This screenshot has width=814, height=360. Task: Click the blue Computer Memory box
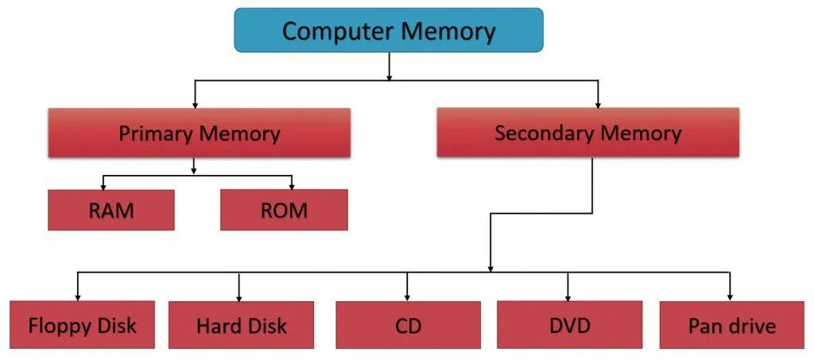point(389,30)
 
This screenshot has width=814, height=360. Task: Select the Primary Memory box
point(199,133)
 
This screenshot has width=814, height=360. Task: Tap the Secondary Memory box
point(587,133)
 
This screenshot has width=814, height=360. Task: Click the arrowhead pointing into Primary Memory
point(194,104)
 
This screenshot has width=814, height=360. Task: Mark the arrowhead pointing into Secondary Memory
point(598,104)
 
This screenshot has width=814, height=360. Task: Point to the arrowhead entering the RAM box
point(103,185)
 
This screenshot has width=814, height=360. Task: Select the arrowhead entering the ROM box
point(293,185)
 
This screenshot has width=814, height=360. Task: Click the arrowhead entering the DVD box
point(568,296)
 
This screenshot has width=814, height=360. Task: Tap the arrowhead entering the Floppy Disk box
point(77,296)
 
